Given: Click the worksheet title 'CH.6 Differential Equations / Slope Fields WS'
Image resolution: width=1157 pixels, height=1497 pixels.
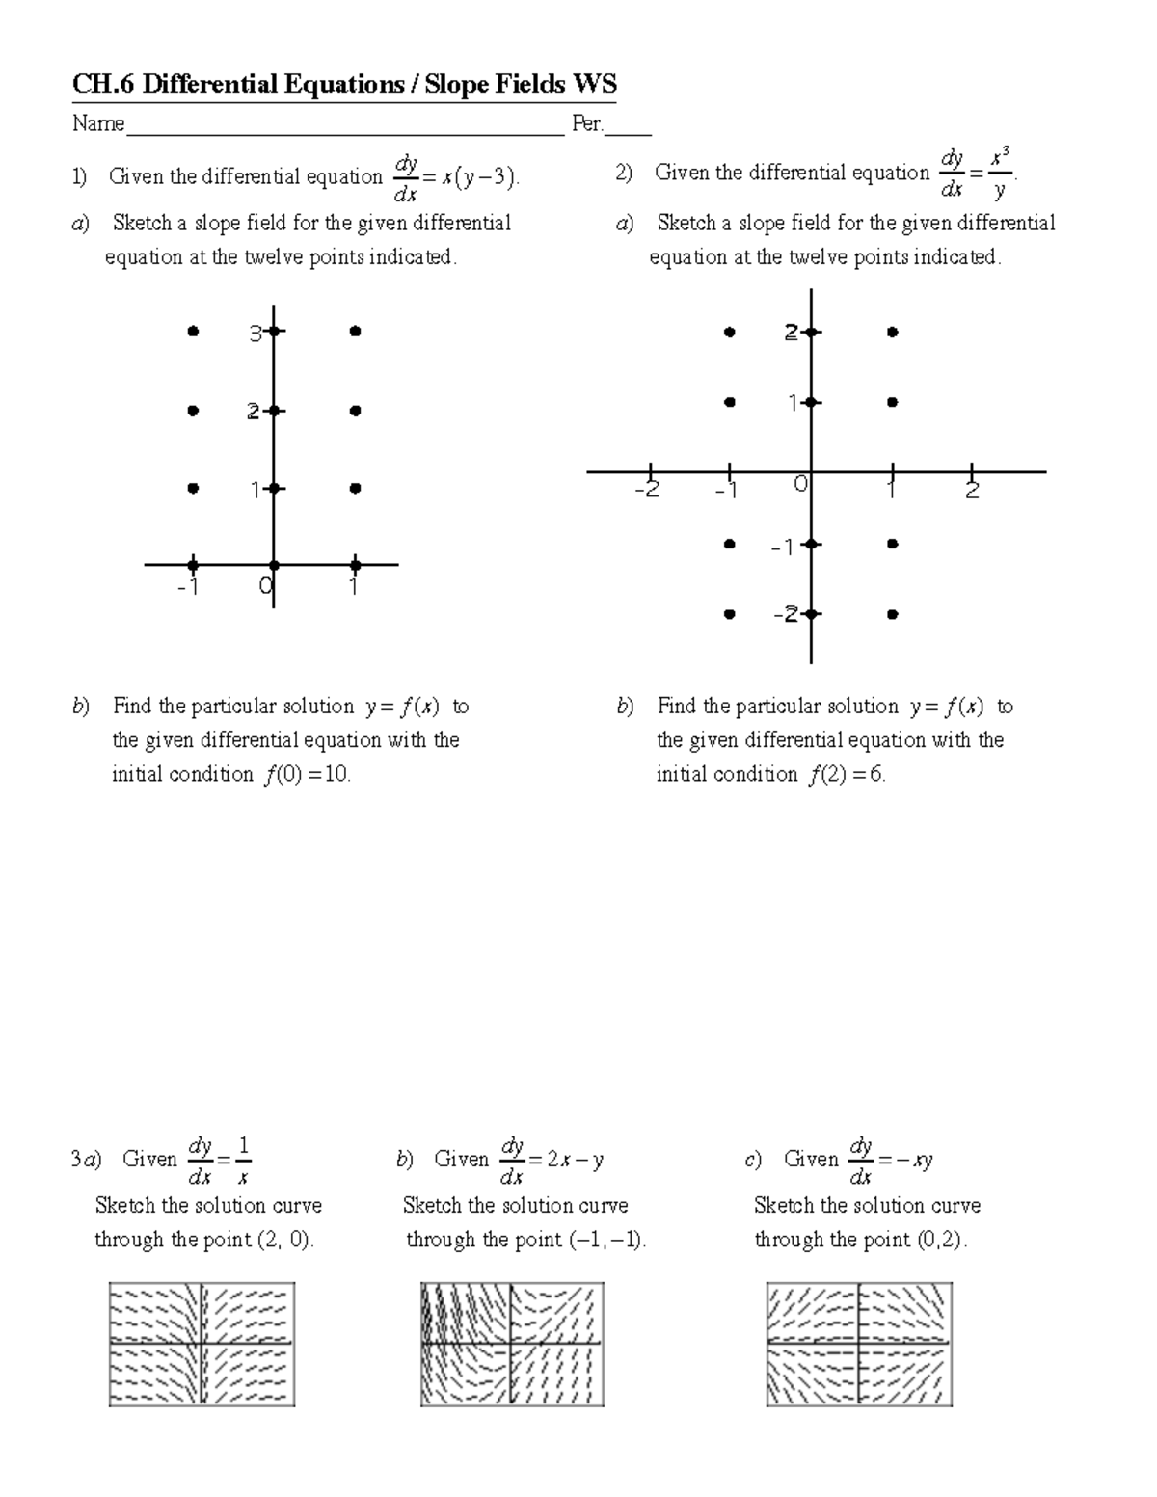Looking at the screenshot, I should (x=344, y=85).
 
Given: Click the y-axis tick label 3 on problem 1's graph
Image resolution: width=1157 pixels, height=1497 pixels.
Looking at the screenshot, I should (x=256, y=334).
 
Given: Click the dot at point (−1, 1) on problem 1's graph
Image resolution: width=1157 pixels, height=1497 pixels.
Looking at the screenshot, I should (x=193, y=489).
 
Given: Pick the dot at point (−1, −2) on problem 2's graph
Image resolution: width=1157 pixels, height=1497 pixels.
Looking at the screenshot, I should (x=730, y=613).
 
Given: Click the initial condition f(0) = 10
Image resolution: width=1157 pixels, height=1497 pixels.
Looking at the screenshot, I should (x=306, y=775).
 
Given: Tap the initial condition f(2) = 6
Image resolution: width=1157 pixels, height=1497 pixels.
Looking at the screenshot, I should (x=847, y=775).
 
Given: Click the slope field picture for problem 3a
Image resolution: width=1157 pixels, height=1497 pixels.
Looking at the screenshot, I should (x=202, y=1344).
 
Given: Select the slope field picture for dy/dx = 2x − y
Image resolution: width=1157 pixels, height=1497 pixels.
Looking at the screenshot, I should (x=512, y=1344).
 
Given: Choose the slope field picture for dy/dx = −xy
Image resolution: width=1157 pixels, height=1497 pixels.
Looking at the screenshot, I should (x=858, y=1344).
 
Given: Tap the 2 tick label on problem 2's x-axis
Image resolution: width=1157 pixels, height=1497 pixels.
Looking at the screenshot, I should (x=972, y=491).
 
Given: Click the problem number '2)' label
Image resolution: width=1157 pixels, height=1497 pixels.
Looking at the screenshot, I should (x=624, y=174).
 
